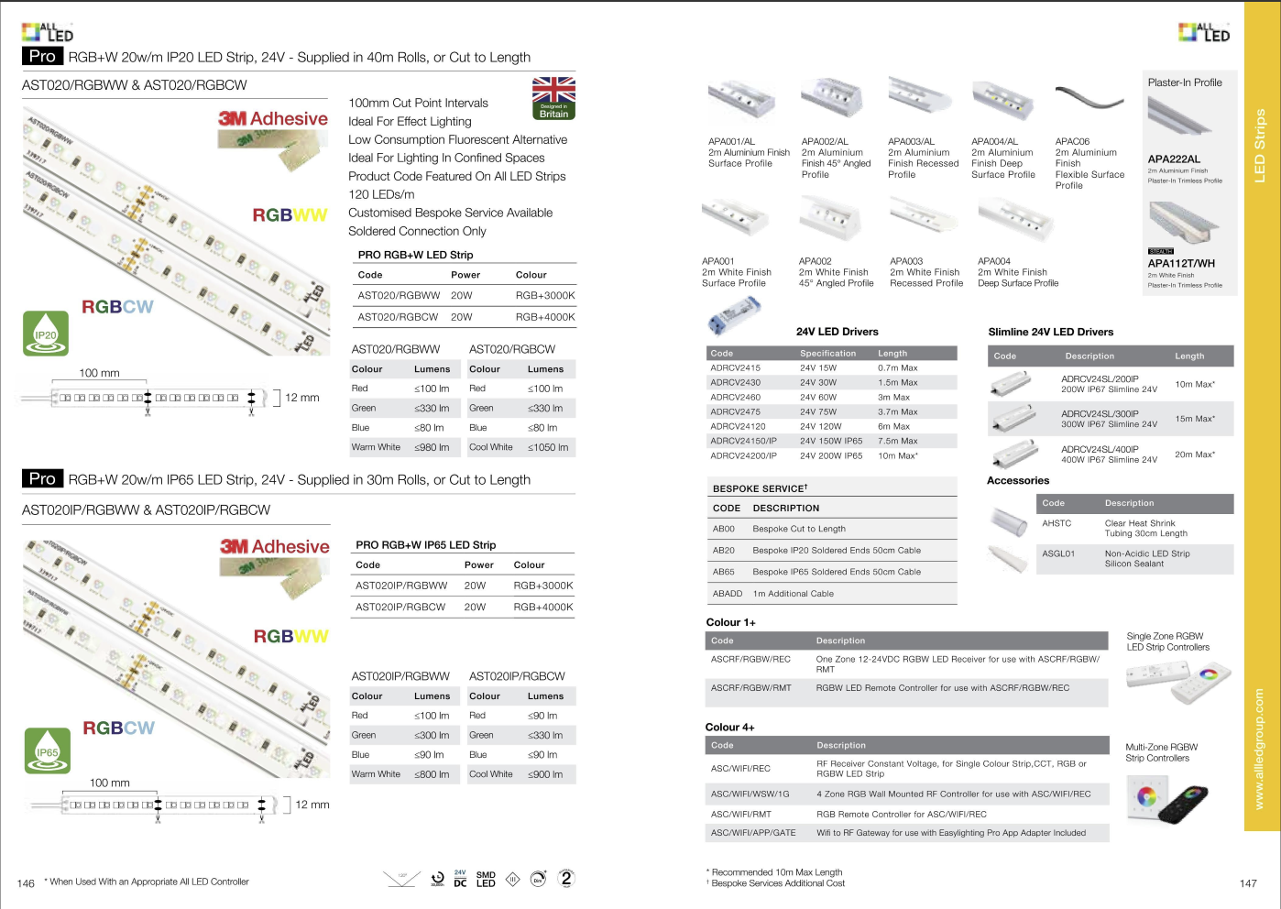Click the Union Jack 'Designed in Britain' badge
(x=553, y=98)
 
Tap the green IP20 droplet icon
(x=46, y=334)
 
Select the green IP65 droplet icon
(x=47, y=750)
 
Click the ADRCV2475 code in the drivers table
(x=735, y=412)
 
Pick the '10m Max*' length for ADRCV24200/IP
(x=897, y=455)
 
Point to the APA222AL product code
(x=1174, y=159)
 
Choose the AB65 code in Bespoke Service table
(x=724, y=572)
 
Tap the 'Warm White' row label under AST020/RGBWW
(x=376, y=447)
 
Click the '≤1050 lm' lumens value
(x=547, y=447)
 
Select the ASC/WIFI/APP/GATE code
(x=753, y=833)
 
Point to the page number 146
(x=26, y=883)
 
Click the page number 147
(x=1248, y=883)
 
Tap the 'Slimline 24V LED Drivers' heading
(x=1050, y=332)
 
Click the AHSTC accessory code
(x=1057, y=523)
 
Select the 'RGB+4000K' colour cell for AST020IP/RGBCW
(x=542, y=607)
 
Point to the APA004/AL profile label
(x=994, y=142)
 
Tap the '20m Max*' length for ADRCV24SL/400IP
(x=1195, y=454)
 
